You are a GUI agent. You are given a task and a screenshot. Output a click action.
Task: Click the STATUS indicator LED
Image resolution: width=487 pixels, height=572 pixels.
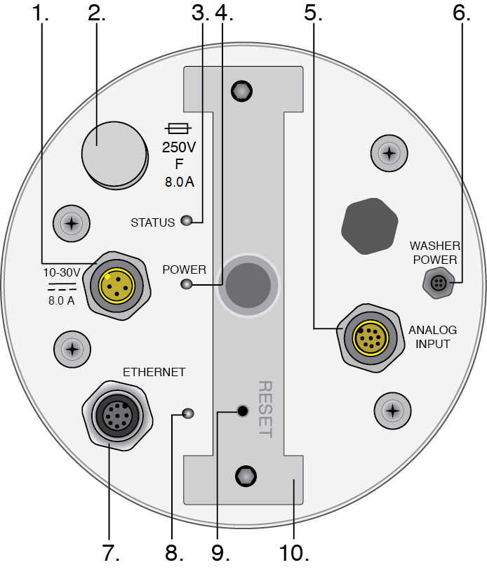(186, 222)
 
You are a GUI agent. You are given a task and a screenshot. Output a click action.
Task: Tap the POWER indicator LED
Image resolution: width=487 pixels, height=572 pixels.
(186, 284)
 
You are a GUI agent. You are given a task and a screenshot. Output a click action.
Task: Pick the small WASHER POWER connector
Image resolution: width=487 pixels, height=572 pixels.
(438, 284)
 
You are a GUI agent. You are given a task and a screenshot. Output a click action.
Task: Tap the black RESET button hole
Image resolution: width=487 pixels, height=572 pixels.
(243, 411)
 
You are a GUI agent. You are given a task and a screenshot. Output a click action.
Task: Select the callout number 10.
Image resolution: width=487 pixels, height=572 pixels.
(293, 552)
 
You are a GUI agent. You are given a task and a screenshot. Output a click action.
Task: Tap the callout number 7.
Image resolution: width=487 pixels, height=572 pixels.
(110, 552)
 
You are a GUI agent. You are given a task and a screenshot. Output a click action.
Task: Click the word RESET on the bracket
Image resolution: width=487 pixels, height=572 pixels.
(265, 409)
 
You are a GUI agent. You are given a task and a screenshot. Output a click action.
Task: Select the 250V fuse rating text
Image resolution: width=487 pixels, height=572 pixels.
(178, 148)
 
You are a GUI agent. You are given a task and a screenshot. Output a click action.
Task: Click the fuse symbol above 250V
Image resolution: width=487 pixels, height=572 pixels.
(178, 128)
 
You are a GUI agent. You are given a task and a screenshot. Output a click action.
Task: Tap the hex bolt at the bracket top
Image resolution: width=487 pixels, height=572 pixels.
(243, 91)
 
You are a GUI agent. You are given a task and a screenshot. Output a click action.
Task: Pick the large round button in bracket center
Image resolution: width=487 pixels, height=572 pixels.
(243, 284)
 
